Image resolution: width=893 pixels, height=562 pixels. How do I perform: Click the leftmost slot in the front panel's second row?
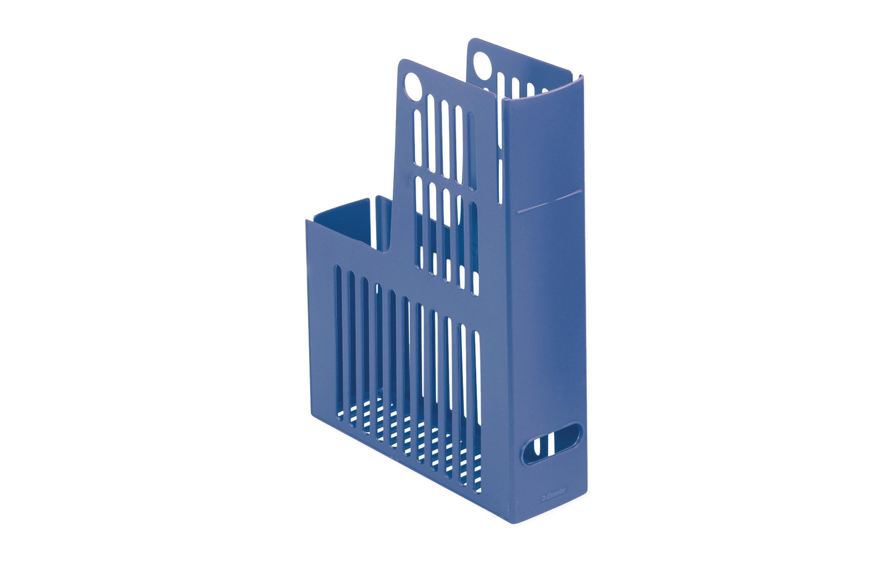420,223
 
